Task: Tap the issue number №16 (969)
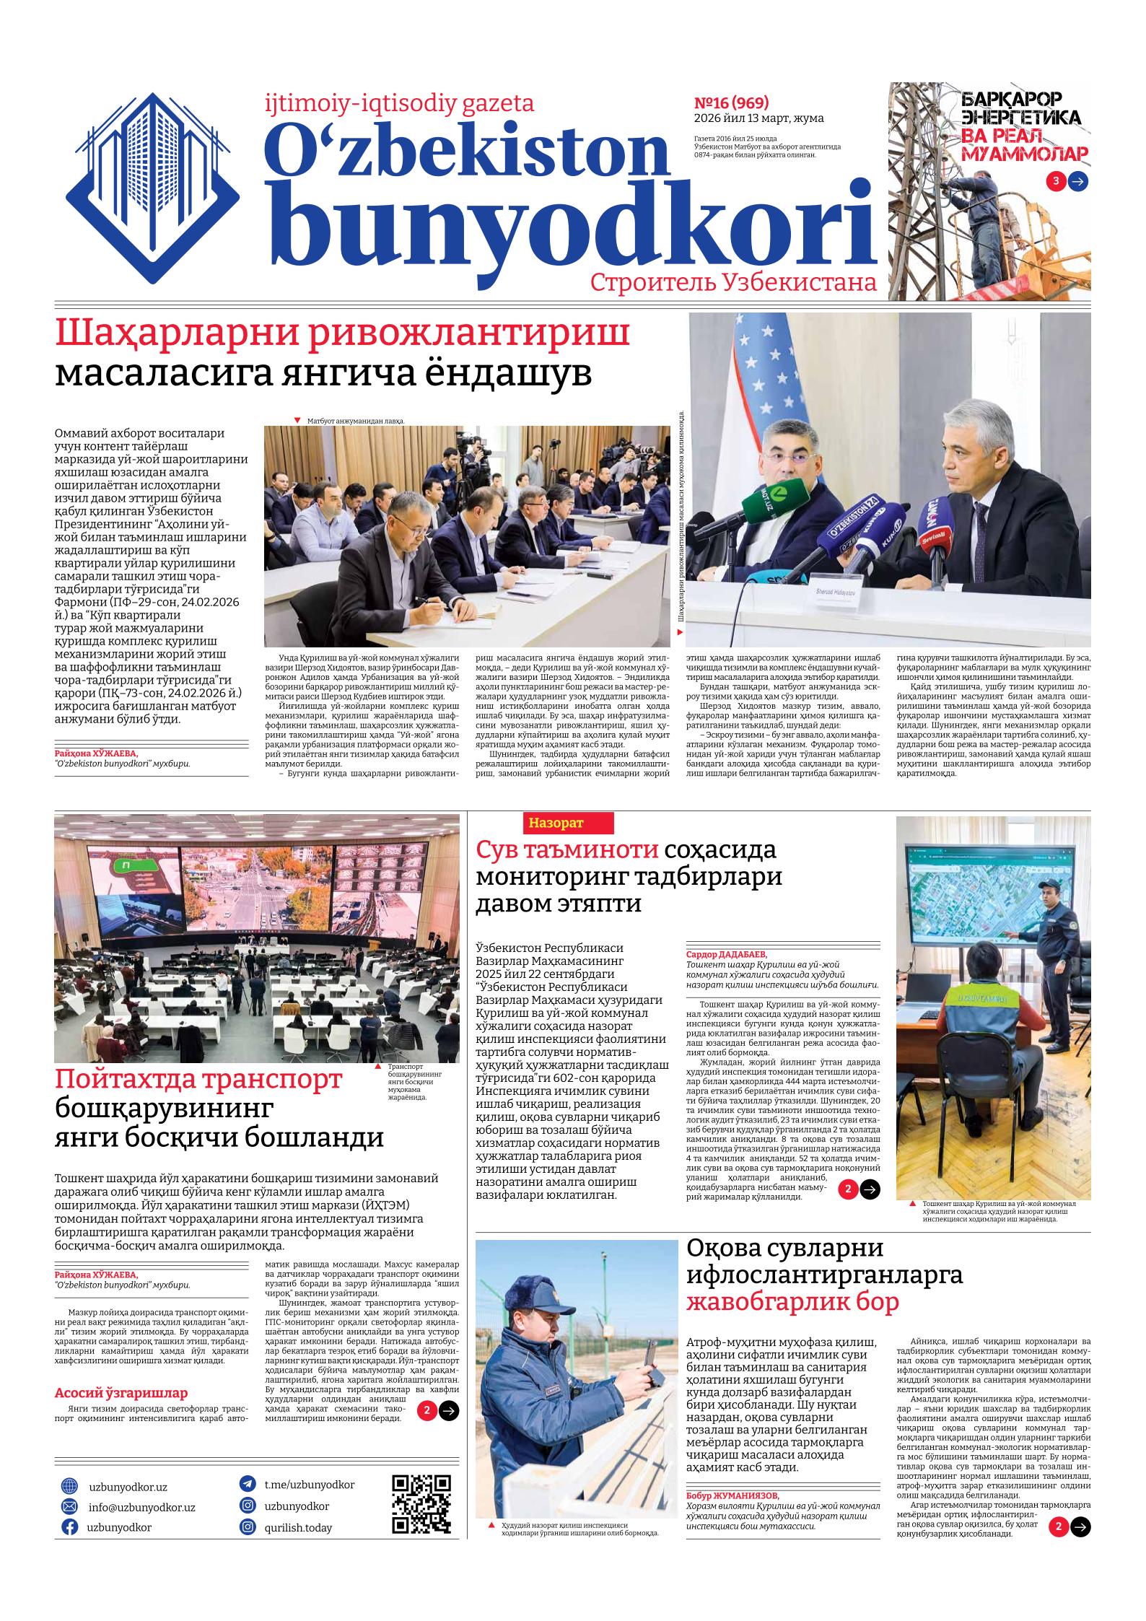(x=730, y=102)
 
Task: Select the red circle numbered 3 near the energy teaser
(x=1055, y=181)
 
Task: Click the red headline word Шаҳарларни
(x=343, y=334)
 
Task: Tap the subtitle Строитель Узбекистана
(x=733, y=282)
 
